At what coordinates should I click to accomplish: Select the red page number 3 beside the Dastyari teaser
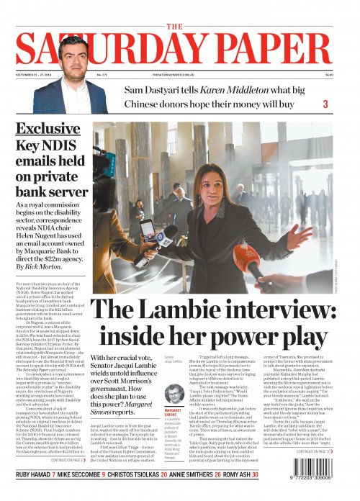pyautogui.click(x=325, y=105)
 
